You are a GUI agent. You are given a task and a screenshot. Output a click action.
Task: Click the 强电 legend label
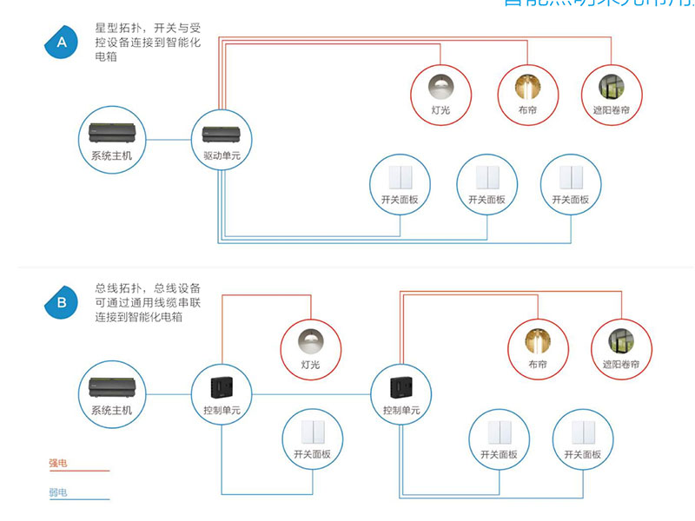click(58, 464)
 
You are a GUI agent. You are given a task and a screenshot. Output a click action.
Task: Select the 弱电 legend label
click(58, 492)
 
